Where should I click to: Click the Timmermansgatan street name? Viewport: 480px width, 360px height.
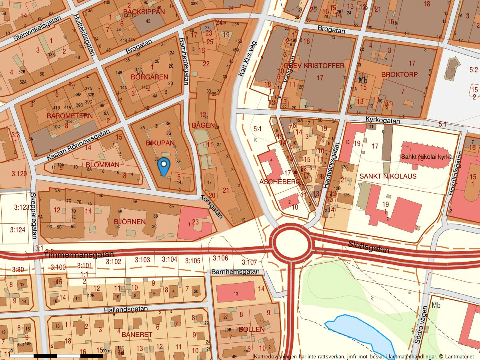[79, 254]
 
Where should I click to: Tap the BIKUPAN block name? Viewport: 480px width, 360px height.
[160, 143]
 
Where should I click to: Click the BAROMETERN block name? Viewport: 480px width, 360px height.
[70, 116]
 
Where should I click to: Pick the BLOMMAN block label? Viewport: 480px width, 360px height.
[102, 165]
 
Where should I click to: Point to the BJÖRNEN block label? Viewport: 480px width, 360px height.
[130, 221]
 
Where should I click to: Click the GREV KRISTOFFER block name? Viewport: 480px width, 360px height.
[314, 66]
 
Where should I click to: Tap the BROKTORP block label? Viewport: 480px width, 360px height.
[399, 74]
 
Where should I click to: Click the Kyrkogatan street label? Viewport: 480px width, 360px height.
[383, 120]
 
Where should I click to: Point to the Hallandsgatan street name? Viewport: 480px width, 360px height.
[126, 310]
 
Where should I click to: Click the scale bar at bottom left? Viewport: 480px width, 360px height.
[56, 355]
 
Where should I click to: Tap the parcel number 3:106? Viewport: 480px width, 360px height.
[220, 258]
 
